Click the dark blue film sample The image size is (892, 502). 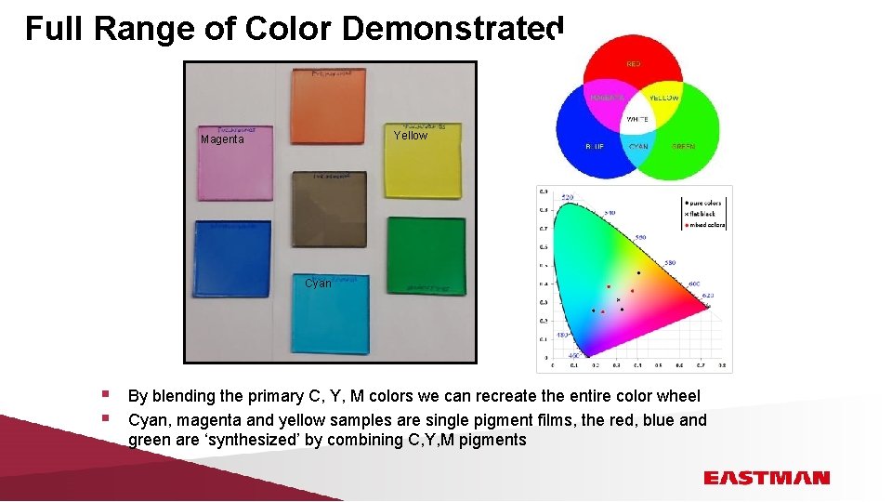[232, 259]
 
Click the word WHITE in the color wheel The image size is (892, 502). [636, 120]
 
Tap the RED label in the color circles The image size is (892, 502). [634, 64]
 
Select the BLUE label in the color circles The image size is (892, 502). [594, 146]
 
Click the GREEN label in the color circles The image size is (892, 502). [683, 146]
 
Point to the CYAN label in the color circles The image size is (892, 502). [638, 146]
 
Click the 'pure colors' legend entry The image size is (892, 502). [703, 202]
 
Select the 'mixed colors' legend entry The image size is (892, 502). [705, 224]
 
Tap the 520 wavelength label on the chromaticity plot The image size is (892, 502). [567, 197]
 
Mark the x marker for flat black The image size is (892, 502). [618, 300]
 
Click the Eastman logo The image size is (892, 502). [766, 478]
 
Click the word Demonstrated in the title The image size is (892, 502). [453, 29]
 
